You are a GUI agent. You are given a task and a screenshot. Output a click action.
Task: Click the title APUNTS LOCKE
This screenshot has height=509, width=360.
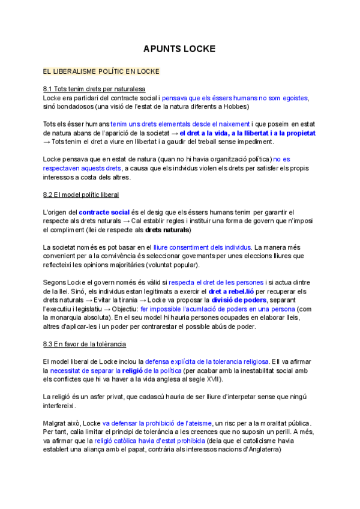[x=179, y=49]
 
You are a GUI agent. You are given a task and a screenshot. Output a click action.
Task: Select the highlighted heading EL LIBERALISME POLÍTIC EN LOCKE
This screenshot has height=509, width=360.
[x=101, y=72]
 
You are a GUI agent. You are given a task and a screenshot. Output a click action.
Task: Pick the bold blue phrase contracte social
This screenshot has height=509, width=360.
[x=104, y=212]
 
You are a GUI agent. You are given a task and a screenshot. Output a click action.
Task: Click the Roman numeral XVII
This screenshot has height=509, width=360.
[x=211, y=379]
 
